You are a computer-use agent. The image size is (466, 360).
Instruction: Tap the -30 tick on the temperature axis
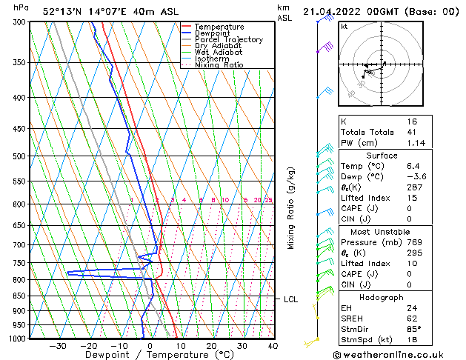click(x=57, y=345)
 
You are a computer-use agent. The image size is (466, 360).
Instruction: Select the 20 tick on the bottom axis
click(x=211, y=345)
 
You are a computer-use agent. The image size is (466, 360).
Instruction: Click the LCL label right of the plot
click(x=291, y=299)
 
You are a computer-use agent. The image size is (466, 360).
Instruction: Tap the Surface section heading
click(x=382, y=156)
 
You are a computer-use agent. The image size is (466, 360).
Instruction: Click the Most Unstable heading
click(x=382, y=231)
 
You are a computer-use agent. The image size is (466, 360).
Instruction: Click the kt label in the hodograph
click(x=344, y=26)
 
